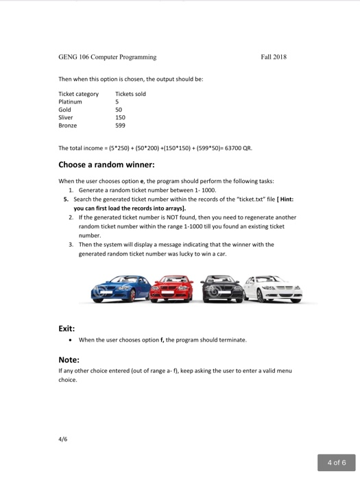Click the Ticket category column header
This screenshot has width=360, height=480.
click(78, 94)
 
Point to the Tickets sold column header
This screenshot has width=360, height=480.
click(130, 94)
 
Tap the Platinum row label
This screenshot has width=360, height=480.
click(71, 101)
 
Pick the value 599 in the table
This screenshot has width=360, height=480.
click(121, 125)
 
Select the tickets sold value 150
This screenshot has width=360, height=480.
click(121, 117)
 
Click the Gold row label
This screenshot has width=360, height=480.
click(66, 110)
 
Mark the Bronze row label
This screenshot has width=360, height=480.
click(69, 125)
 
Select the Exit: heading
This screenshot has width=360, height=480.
click(67, 328)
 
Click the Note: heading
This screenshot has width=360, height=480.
click(69, 359)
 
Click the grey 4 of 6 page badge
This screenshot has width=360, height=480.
click(337, 461)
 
